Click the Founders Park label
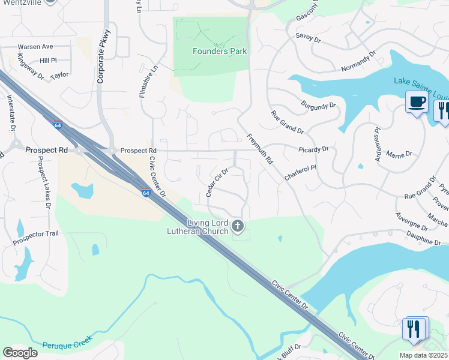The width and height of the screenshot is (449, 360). click(220, 52)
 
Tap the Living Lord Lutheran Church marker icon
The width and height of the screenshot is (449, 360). click(238, 226)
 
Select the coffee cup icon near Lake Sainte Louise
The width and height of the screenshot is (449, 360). click(416, 101)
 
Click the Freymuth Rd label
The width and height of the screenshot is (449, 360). click(259, 149)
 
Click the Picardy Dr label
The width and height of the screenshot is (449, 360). click(313, 149)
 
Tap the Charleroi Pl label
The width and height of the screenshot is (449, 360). click(300, 175)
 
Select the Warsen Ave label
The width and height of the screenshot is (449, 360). click(35, 46)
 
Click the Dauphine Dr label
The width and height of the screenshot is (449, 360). click(423, 240)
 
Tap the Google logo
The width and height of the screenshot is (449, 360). click(20, 353)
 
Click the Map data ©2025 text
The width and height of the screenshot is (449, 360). click(423, 355)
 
